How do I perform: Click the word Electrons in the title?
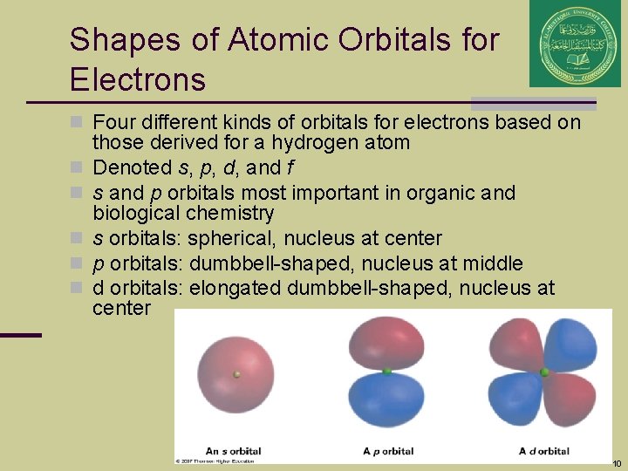tap(138, 80)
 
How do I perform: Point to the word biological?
tap(135, 214)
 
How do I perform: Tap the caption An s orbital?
tap(233, 451)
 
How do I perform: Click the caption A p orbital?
tap(389, 451)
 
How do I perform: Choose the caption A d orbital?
tap(544, 451)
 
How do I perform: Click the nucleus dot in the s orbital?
tap(236, 374)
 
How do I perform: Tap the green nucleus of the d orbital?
tap(545, 372)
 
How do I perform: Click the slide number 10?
tap(617, 463)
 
